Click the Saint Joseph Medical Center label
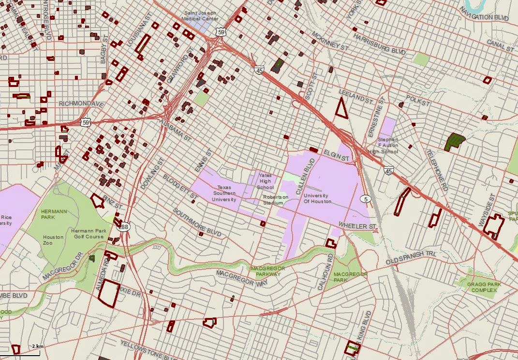(x=199, y=15)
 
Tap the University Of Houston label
(x=317, y=198)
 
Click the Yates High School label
(x=265, y=181)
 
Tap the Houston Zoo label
(x=53, y=240)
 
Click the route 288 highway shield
(x=124, y=227)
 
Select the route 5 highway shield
(x=365, y=199)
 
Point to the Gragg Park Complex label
(x=484, y=287)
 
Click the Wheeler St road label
(x=357, y=226)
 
